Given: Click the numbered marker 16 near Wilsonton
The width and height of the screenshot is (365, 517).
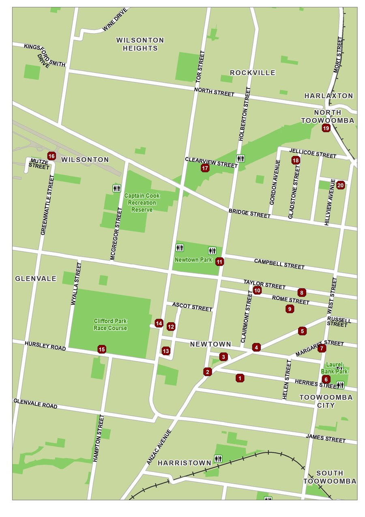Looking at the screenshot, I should click(52, 156).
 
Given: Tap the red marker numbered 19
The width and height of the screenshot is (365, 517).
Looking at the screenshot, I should click(326, 128).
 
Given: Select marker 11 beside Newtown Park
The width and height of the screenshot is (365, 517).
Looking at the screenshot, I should click(219, 262).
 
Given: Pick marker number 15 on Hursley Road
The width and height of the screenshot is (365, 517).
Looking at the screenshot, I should click(102, 349).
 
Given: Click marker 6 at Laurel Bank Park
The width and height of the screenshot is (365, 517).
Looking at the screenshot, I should click(326, 379).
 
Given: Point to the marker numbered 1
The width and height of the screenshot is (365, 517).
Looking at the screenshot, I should click(240, 378).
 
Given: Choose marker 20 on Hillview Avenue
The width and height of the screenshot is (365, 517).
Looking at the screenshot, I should click(340, 185).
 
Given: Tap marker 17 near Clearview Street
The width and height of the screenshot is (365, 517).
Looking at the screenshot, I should click(205, 168).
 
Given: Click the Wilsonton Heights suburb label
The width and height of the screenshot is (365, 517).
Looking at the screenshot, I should click(140, 44).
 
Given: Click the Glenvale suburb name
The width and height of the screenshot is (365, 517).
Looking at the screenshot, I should click(36, 278).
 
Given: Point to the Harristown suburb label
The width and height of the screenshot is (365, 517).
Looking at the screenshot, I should click(185, 463).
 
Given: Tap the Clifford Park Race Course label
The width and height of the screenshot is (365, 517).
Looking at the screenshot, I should click(110, 325).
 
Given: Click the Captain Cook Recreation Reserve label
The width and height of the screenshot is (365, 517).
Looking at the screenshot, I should click(142, 202).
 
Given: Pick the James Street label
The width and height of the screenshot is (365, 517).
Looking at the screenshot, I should click(326, 438).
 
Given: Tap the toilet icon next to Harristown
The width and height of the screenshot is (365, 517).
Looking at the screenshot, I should click(219, 459).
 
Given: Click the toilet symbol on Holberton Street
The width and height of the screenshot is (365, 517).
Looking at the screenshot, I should click(240, 158).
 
